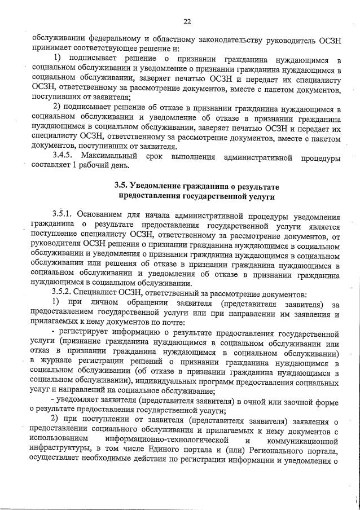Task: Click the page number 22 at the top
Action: pos(187,22)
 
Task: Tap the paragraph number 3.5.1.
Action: pos(63,216)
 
